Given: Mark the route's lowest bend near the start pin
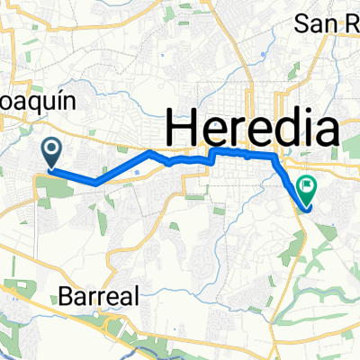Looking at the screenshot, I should coord(94,183).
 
